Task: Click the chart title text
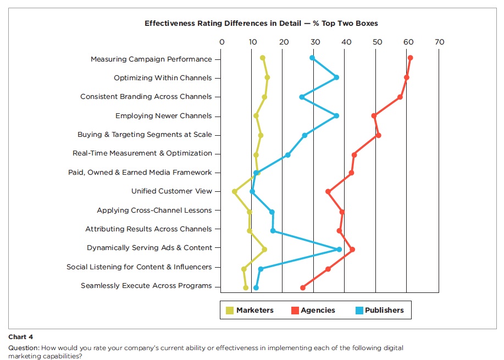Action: click(261, 24)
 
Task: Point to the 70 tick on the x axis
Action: click(439, 42)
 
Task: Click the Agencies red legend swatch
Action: click(294, 311)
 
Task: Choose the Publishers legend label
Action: click(384, 311)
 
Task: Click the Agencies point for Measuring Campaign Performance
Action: click(410, 58)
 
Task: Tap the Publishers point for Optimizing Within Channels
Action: click(336, 77)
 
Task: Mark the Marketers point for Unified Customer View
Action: click(235, 191)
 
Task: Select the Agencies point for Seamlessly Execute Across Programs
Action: click(302, 287)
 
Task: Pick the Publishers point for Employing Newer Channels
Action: click(336, 115)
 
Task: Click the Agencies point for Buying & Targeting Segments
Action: click(378, 135)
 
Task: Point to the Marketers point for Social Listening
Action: click(244, 269)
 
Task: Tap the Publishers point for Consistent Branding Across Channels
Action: click(302, 97)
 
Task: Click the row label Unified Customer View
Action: click(171, 191)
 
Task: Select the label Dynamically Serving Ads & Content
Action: click(149, 248)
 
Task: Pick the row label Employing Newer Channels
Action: click(163, 116)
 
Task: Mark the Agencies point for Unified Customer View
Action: click(328, 191)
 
